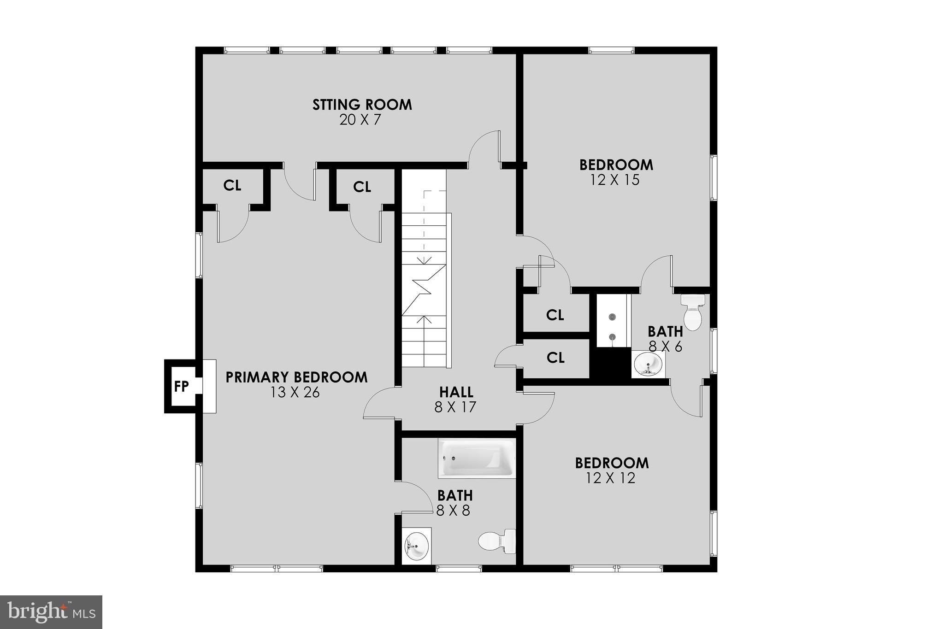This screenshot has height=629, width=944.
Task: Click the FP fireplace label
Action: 181,386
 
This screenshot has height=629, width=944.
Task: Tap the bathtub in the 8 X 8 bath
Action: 477,459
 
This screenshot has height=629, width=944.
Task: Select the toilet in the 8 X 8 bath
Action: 497,541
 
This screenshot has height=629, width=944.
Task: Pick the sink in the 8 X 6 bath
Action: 648,364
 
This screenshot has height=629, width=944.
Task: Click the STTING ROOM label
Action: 362,105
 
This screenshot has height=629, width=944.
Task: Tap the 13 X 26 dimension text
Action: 295,393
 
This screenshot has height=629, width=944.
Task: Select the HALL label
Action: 456,392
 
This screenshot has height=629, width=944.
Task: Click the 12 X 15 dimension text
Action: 615,180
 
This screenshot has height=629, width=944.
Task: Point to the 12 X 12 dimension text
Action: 611,478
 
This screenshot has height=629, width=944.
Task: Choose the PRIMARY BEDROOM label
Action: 296,377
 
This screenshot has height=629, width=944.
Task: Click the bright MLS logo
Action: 51,612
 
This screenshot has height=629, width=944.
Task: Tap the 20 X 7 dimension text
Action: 361,120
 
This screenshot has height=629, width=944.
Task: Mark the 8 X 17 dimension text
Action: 455,407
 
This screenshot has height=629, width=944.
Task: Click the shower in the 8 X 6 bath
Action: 613,321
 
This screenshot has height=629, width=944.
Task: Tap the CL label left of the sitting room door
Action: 232,186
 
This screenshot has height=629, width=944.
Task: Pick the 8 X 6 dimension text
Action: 665,347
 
